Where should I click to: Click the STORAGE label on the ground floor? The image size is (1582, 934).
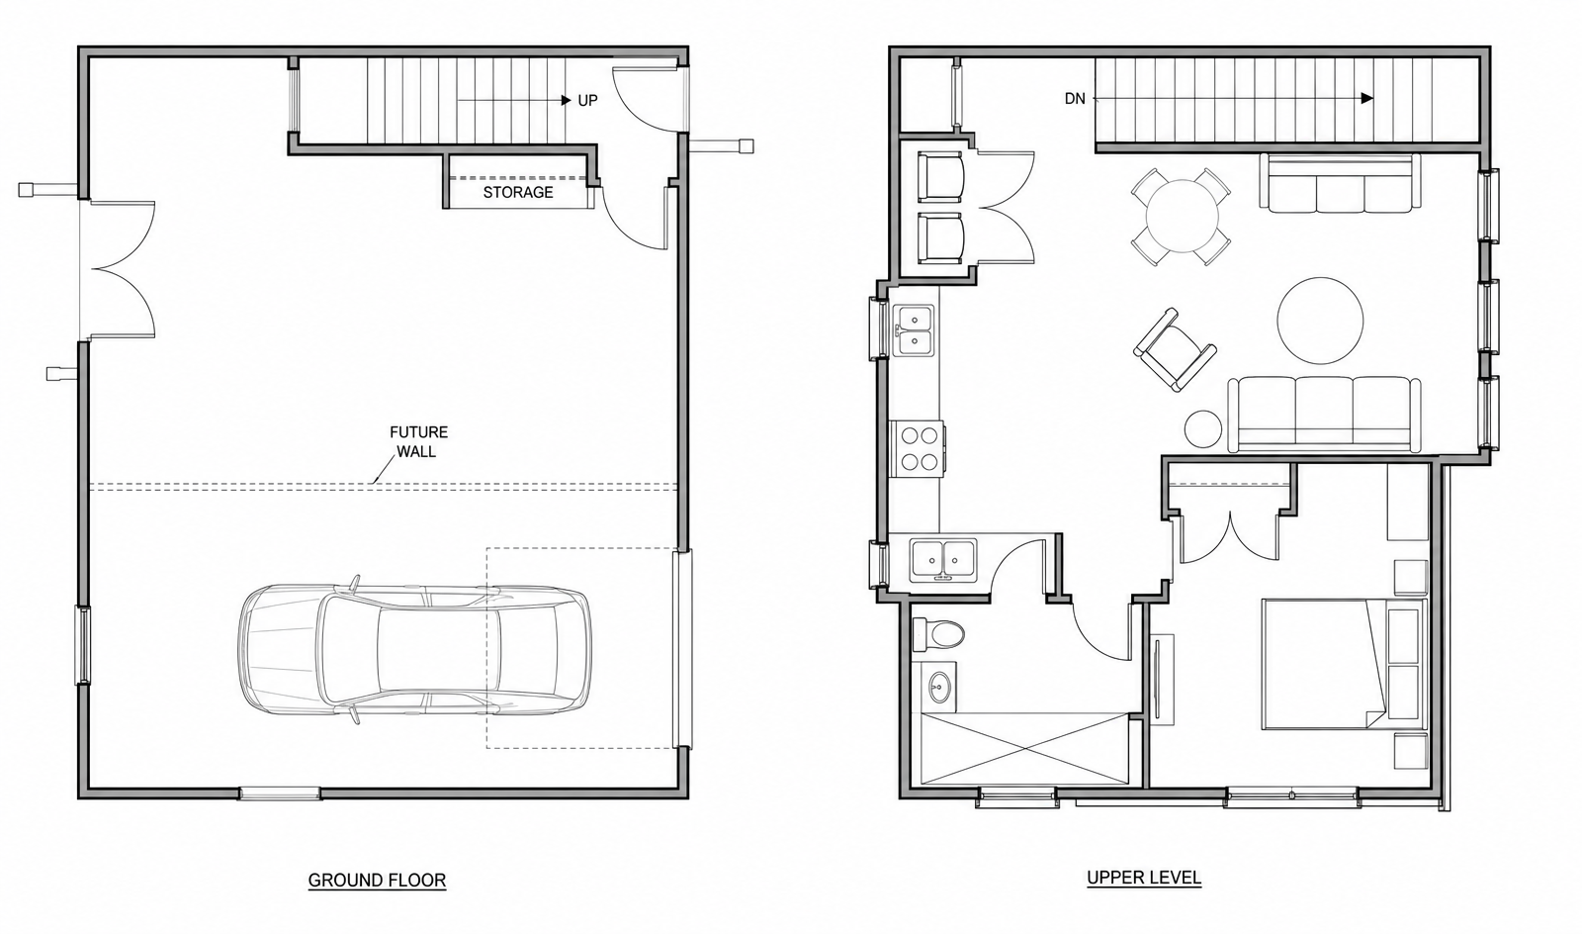click(518, 192)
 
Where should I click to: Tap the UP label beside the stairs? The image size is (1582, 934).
click(587, 100)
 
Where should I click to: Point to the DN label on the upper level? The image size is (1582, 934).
click(1075, 99)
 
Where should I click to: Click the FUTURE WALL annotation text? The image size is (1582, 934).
click(418, 441)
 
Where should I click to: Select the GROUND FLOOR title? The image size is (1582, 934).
click(377, 881)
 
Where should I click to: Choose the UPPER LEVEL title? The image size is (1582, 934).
click(1144, 878)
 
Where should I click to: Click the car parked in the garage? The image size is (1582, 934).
click(414, 650)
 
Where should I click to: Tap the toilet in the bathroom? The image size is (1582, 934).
click(938, 634)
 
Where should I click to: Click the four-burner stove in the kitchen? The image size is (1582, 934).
click(917, 448)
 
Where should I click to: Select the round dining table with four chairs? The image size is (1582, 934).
click(1181, 217)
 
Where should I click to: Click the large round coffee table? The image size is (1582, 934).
click(1320, 321)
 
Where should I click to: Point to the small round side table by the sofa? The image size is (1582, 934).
click(1202, 428)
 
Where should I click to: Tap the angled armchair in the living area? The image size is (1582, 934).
click(1175, 349)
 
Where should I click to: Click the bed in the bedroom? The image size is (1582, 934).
click(1344, 664)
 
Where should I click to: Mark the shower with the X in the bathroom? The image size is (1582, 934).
click(1025, 748)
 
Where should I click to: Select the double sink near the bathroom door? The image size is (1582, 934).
click(943, 560)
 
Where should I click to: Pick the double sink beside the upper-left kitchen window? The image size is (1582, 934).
click(914, 330)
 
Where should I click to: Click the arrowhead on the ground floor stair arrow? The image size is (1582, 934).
click(567, 100)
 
